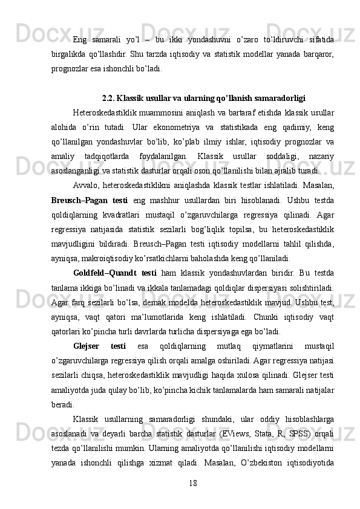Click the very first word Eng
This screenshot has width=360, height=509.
click(79, 40)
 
